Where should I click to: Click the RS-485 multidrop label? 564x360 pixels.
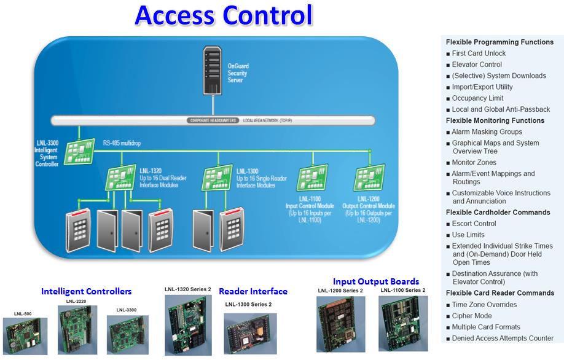point(123,141)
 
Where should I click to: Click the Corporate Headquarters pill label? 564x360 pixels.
point(213,120)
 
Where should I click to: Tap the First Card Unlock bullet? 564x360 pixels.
point(479,53)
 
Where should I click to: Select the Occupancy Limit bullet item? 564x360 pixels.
point(477,98)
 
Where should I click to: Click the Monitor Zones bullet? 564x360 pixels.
point(474,163)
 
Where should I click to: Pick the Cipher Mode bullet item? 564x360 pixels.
point(472,316)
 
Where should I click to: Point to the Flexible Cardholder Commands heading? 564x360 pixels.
point(498,213)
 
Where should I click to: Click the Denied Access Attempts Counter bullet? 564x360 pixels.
point(503,338)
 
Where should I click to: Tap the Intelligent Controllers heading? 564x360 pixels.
point(86,291)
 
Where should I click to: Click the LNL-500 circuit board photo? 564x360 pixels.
point(25,335)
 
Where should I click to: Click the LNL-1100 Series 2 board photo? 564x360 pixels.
point(402,324)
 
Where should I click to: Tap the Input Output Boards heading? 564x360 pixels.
point(376,281)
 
